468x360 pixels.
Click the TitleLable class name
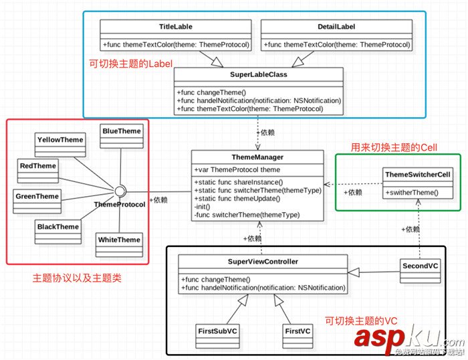click(x=176, y=26)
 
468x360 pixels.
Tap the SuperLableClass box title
click(x=259, y=74)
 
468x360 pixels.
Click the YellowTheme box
click(x=60, y=140)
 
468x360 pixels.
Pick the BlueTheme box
click(x=122, y=131)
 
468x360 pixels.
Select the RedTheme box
click(x=37, y=166)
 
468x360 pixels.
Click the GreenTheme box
click(x=37, y=196)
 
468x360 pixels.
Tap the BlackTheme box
click(x=58, y=227)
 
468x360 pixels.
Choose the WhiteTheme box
click(x=119, y=240)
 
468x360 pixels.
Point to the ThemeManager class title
click(x=257, y=157)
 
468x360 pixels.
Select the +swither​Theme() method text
click(x=413, y=192)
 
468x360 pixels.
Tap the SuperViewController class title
click(x=263, y=262)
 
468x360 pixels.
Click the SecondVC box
click(x=421, y=266)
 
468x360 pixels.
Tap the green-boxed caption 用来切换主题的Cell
click(x=393, y=147)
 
